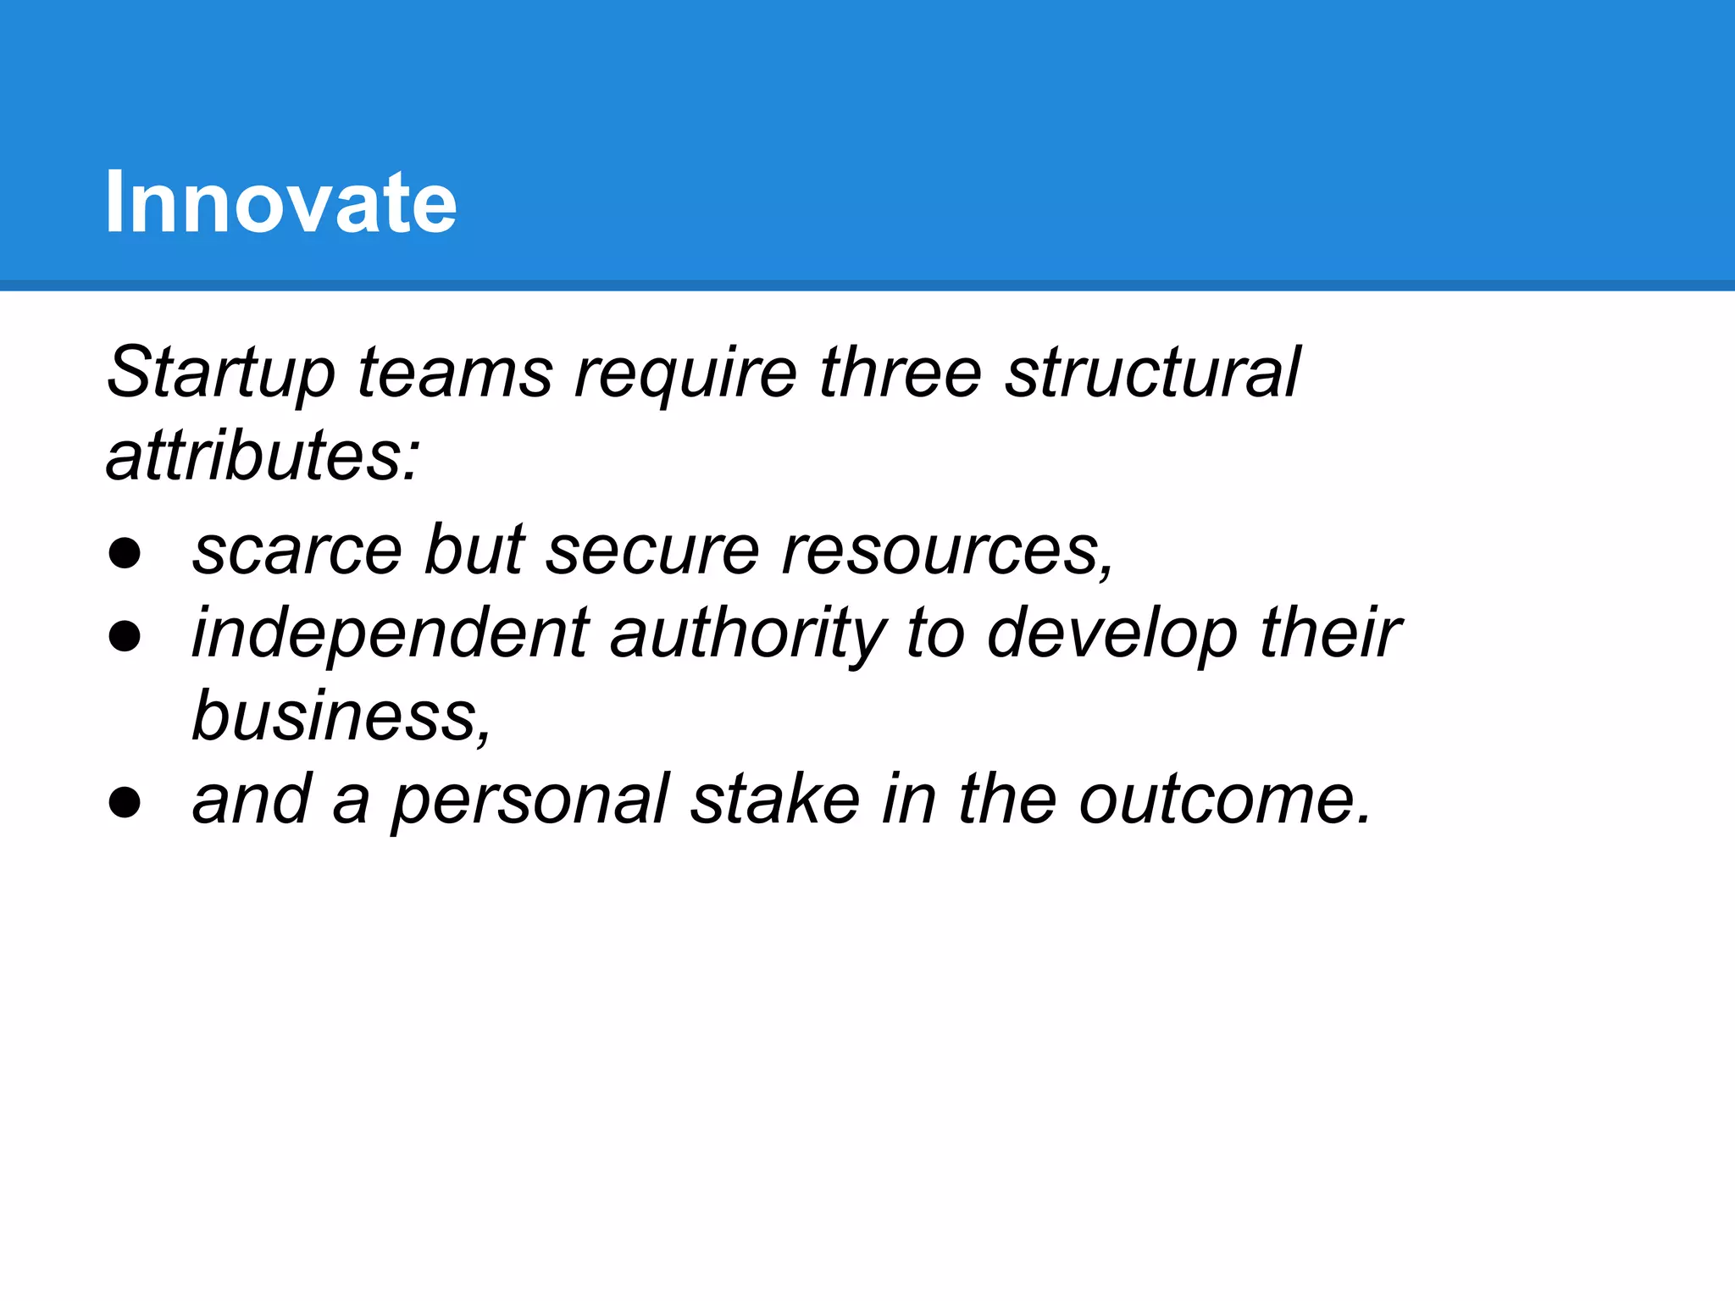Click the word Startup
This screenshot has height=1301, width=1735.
pos(220,373)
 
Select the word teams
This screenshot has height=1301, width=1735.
pos(455,373)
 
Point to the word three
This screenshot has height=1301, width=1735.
pos(900,373)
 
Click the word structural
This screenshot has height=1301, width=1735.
pos(1152,373)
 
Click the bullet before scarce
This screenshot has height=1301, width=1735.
pos(125,553)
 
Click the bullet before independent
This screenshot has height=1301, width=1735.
pos(125,636)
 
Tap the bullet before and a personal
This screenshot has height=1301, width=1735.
pos(125,802)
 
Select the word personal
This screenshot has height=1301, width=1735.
pos(530,800)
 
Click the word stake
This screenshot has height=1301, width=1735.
pos(774,800)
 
